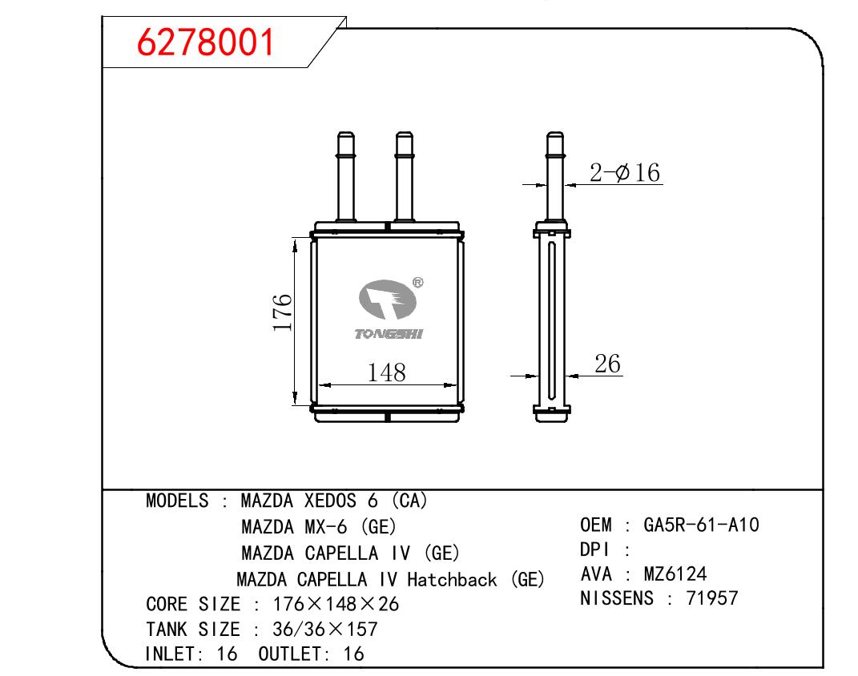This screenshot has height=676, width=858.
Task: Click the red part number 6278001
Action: click(x=205, y=42)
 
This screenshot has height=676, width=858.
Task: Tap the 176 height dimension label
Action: click(x=283, y=312)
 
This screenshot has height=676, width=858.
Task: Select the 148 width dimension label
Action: click(x=386, y=372)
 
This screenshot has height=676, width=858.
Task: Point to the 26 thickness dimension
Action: click(x=607, y=364)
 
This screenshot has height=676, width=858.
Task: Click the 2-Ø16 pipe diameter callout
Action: click(x=625, y=173)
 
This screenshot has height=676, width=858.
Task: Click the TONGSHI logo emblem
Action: click(x=388, y=300)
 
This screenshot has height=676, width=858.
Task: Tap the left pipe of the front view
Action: click(x=346, y=176)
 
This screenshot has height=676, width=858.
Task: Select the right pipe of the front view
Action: click(x=405, y=176)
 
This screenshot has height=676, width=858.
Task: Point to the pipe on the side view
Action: click(x=555, y=176)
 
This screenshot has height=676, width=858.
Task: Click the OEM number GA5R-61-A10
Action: click(x=701, y=525)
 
